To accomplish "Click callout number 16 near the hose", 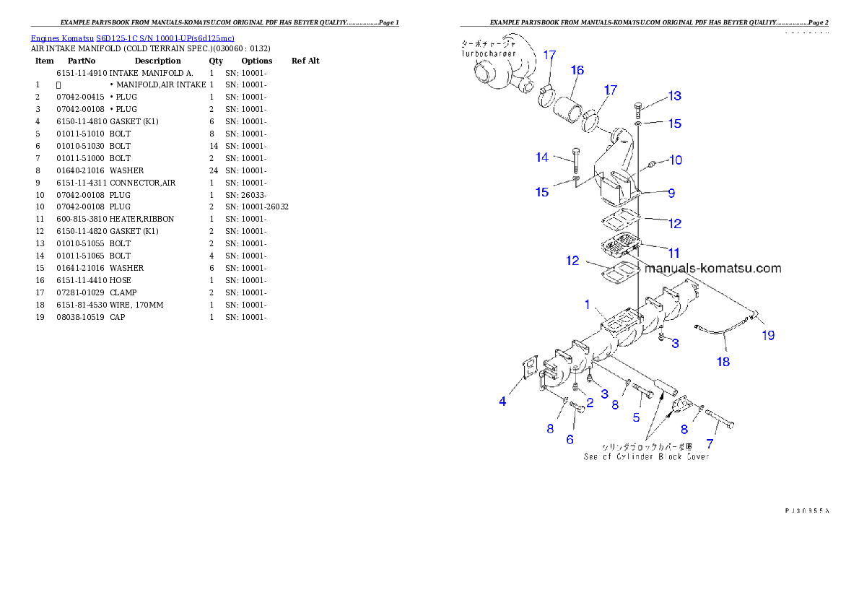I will (x=577, y=71).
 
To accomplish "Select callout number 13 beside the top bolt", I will (x=674, y=96).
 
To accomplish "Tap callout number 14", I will (x=542, y=157).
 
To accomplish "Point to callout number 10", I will (x=675, y=160).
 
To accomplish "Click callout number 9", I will (x=671, y=193).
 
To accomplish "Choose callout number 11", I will (x=673, y=253).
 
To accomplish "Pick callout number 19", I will (x=767, y=335).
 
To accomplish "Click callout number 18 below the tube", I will (x=723, y=362).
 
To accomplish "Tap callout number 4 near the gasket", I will (x=502, y=401).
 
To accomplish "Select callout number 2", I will (x=590, y=403).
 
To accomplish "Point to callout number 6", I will (x=570, y=439).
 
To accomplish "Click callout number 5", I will (x=636, y=417).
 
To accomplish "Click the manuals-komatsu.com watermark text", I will (x=712, y=269).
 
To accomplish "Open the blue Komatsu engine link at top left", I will (x=132, y=38).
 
